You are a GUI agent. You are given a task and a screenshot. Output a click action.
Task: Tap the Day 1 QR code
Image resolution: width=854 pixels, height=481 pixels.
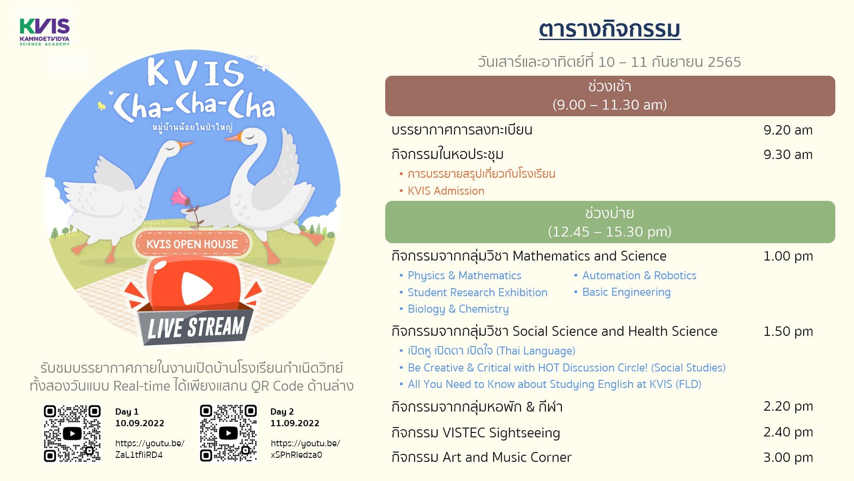click(72, 433)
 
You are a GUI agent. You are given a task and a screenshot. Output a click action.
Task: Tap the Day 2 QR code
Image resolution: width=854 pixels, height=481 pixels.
click(228, 433)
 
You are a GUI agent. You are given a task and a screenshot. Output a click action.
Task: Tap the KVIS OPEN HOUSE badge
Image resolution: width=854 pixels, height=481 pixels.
click(192, 244)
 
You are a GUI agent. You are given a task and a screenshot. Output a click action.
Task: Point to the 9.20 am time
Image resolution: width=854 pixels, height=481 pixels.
click(788, 130)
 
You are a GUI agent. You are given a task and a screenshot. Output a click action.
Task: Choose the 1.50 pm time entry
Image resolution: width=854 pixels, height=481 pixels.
click(788, 331)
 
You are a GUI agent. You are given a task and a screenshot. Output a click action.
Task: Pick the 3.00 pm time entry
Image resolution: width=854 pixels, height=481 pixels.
click(788, 457)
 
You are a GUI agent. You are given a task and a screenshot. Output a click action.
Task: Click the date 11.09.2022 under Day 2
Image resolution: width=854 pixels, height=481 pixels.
click(295, 423)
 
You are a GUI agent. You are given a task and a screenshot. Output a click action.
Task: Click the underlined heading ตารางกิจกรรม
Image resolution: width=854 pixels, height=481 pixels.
click(609, 29)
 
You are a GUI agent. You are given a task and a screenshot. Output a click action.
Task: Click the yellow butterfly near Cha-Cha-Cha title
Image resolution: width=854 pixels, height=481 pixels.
click(102, 106)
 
